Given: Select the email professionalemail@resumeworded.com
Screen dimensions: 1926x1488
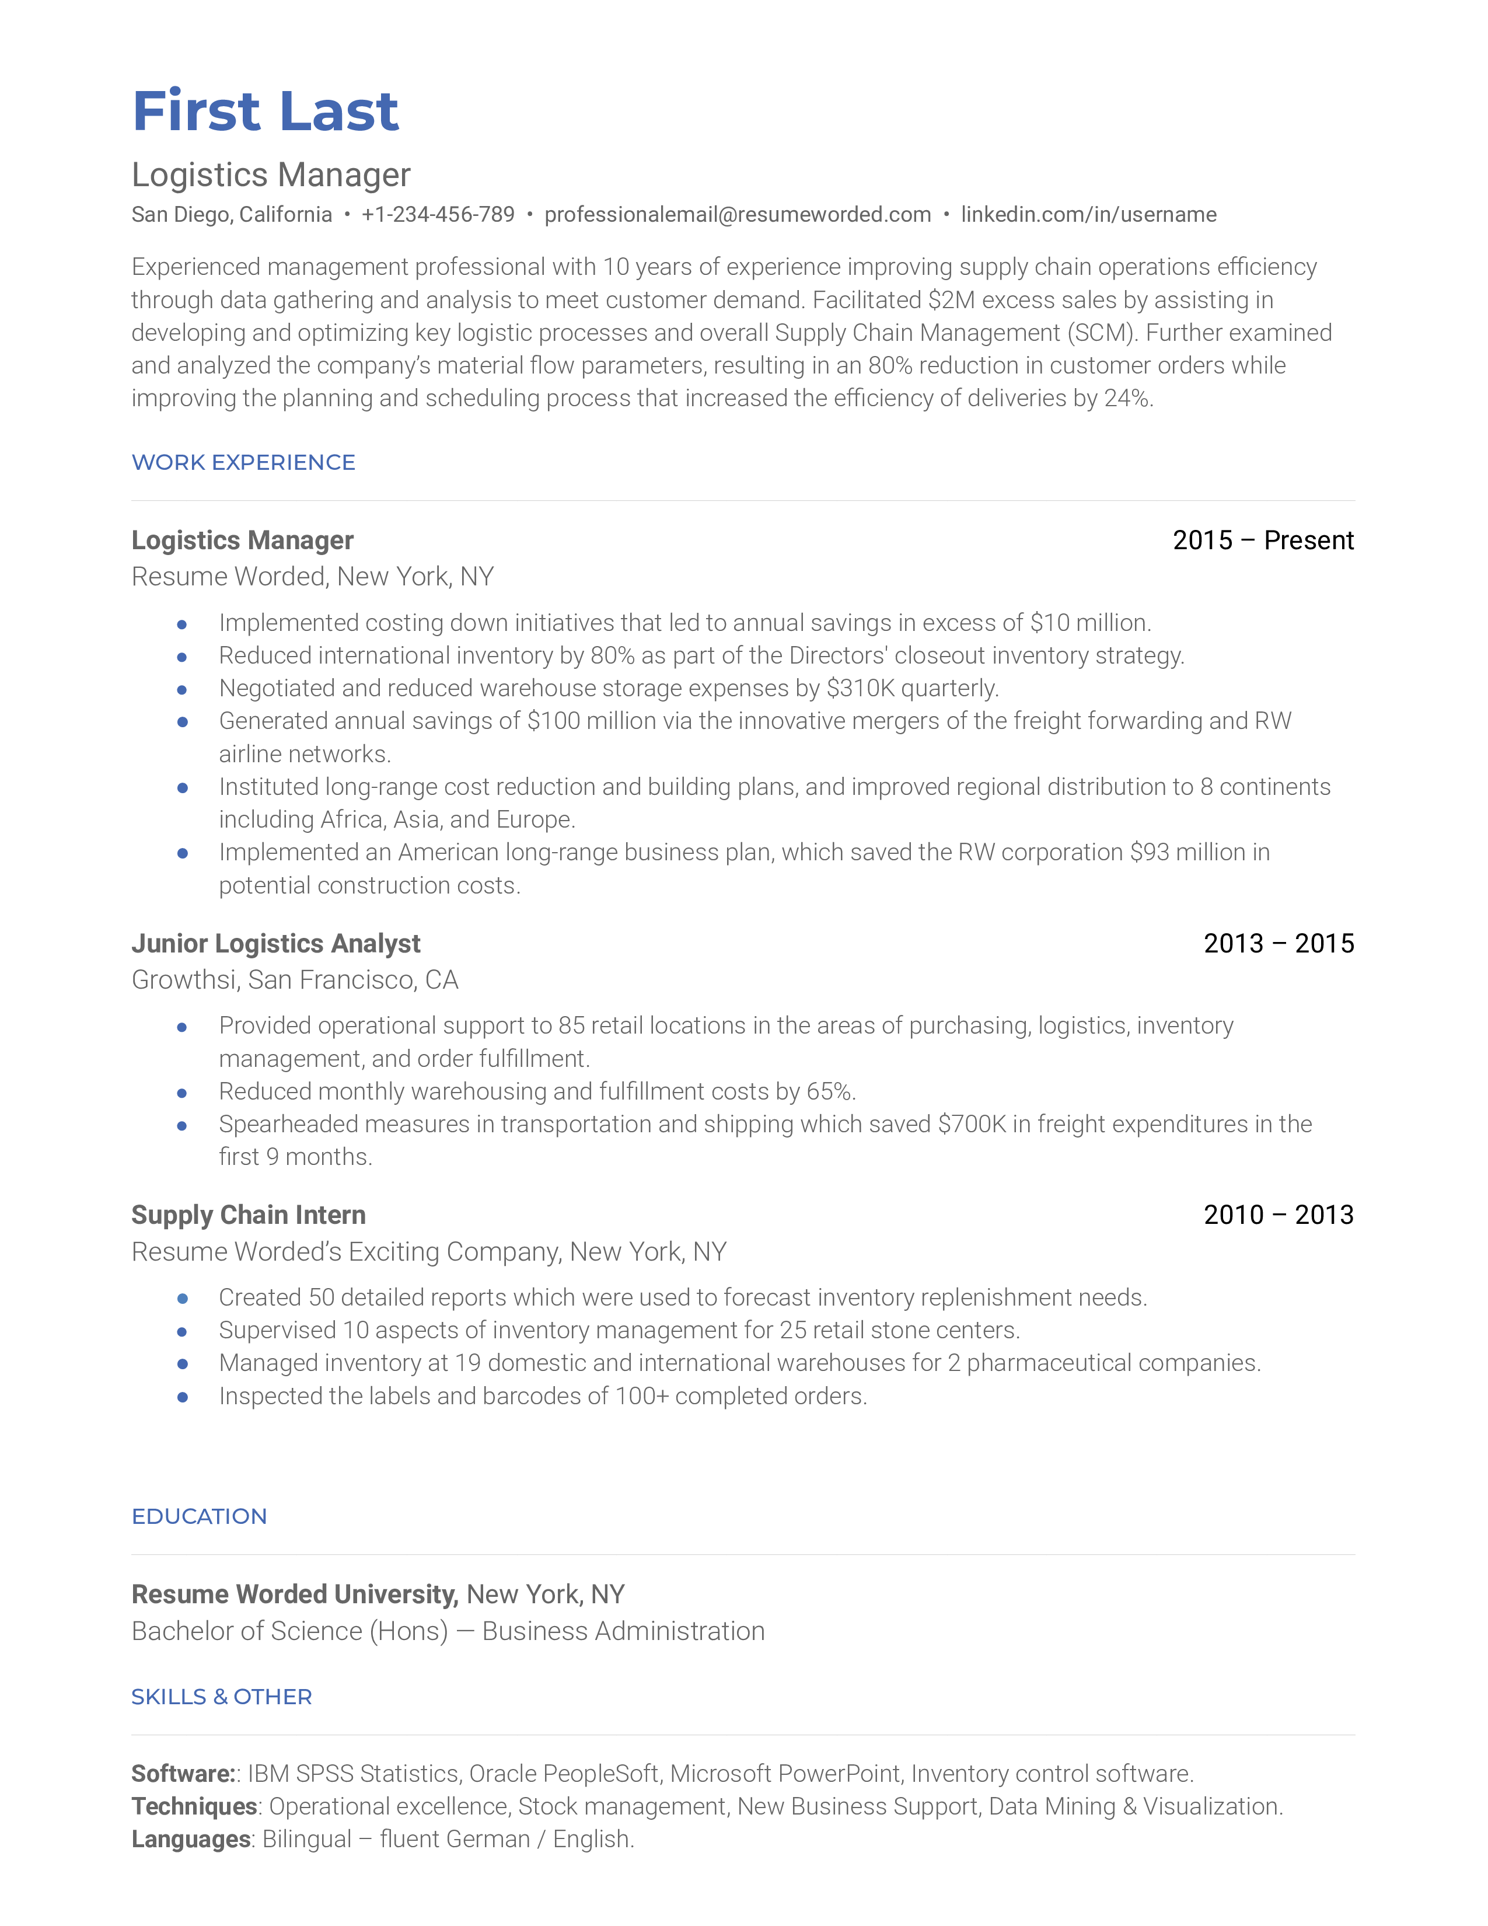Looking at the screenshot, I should point(737,214).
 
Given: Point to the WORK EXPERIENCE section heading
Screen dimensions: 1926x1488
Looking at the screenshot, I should point(243,462).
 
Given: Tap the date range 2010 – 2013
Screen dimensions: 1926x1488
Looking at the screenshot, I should point(1278,1215).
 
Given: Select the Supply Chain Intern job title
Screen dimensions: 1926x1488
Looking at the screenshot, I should point(249,1215).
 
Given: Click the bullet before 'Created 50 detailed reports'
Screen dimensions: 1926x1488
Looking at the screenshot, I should point(183,1298).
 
